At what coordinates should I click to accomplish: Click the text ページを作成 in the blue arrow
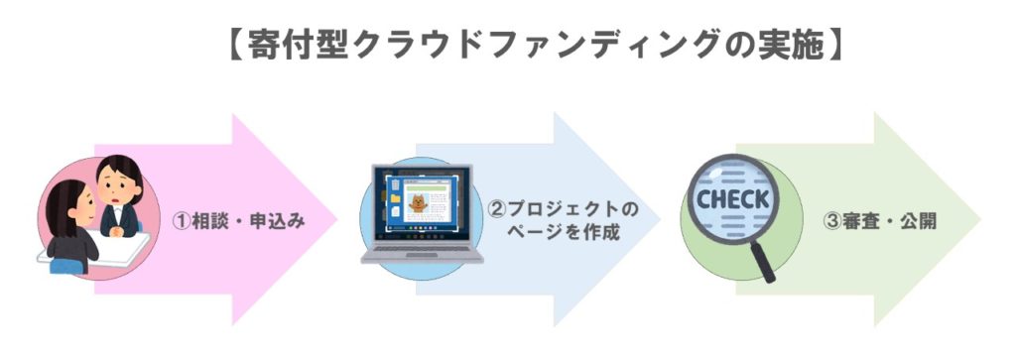(564, 234)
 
